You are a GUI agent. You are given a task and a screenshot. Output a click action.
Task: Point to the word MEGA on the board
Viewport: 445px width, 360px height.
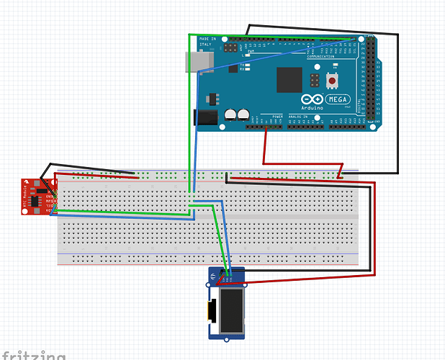tap(336, 99)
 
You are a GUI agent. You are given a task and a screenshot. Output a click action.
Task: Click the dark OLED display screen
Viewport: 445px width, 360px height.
tap(232, 312)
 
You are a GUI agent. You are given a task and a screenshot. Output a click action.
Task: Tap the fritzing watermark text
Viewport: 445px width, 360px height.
tap(33, 355)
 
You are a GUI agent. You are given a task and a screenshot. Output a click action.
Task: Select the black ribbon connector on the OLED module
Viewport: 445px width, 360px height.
tap(212, 311)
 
